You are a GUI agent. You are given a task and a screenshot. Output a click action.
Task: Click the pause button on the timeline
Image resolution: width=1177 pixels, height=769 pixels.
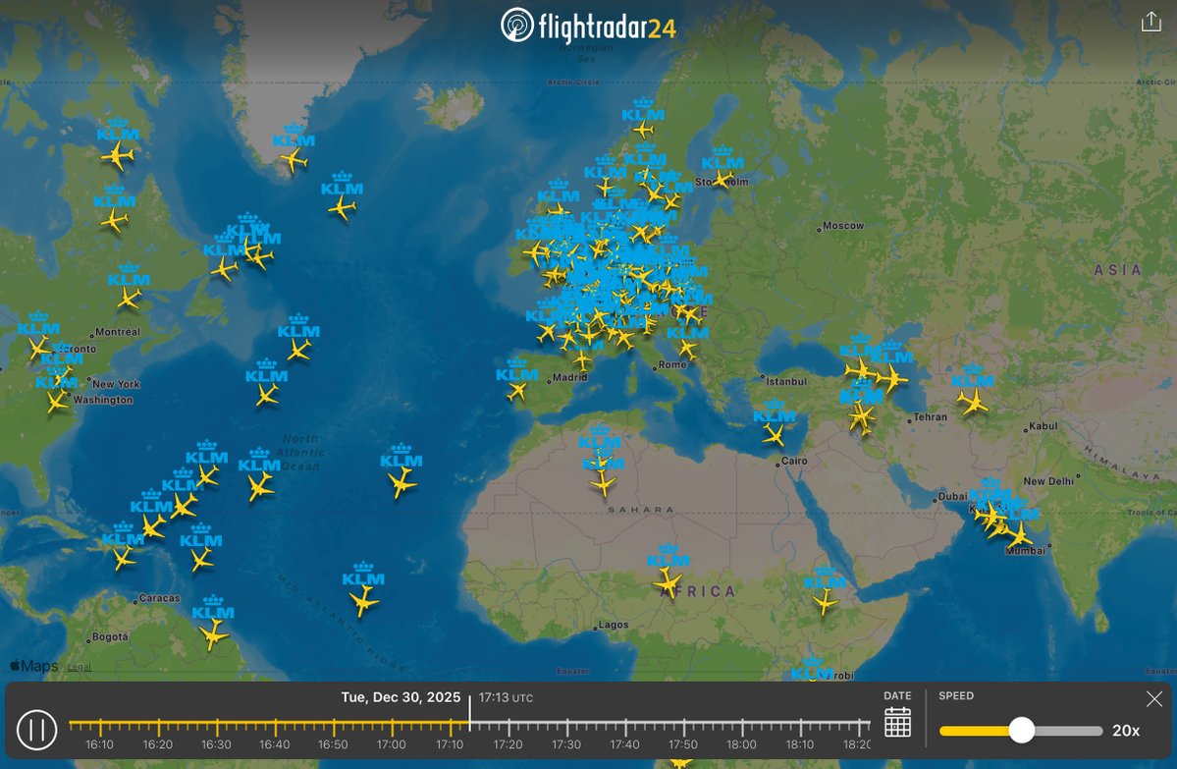tap(37, 730)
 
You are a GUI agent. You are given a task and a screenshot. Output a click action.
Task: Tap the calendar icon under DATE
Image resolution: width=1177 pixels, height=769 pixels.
tap(897, 722)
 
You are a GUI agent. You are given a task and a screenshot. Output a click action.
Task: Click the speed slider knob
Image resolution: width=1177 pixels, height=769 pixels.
tap(1022, 730)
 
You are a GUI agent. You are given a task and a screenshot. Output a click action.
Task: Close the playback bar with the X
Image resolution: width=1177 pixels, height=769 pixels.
tap(1153, 698)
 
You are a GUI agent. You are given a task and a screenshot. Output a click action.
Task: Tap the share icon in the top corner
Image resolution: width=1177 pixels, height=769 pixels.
tap(1150, 23)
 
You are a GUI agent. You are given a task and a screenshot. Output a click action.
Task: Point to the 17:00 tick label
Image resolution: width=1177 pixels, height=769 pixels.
tap(392, 744)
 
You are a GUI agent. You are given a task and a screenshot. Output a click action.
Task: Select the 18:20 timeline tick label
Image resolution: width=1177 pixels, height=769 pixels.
tap(857, 744)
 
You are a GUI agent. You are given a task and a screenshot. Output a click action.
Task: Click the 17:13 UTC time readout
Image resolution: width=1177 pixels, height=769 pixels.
tap(506, 698)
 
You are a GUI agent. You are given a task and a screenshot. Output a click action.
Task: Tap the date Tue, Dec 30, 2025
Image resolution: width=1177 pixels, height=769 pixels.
tap(401, 697)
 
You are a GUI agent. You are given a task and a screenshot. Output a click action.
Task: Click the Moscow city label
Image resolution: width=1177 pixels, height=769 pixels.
tap(843, 226)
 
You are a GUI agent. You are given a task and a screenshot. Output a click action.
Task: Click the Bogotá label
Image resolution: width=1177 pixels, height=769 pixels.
tap(110, 636)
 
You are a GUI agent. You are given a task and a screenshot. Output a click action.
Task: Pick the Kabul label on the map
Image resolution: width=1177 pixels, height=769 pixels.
tap(1043, 426)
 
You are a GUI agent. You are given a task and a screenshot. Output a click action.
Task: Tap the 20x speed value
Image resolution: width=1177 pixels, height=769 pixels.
tap(1125, 731)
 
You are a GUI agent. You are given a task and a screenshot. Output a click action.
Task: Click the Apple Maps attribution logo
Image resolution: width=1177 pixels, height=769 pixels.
tap(34, 666)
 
